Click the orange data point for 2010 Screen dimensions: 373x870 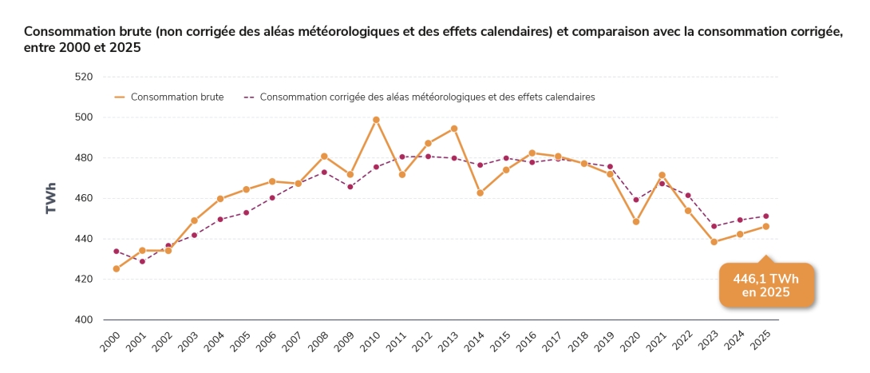tap(376, 120)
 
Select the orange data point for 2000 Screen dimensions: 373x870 tap(116, 269)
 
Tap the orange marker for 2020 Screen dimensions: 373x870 tap(636, 221)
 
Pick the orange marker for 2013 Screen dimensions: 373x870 tap(454, 129)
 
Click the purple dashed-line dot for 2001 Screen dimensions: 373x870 tap(142, 261)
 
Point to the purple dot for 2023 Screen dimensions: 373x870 tap(714, 226)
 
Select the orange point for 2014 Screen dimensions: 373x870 tap(480, 192)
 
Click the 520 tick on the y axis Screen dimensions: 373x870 tap(84, 77)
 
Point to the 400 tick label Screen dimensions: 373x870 tap(84, 320)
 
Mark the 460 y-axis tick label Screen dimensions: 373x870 tap(84, 199)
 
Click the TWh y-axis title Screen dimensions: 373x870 tap(51, 199)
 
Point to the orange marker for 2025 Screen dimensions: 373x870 tap(765, 226)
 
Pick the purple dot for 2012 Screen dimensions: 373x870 tap(428, 156)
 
